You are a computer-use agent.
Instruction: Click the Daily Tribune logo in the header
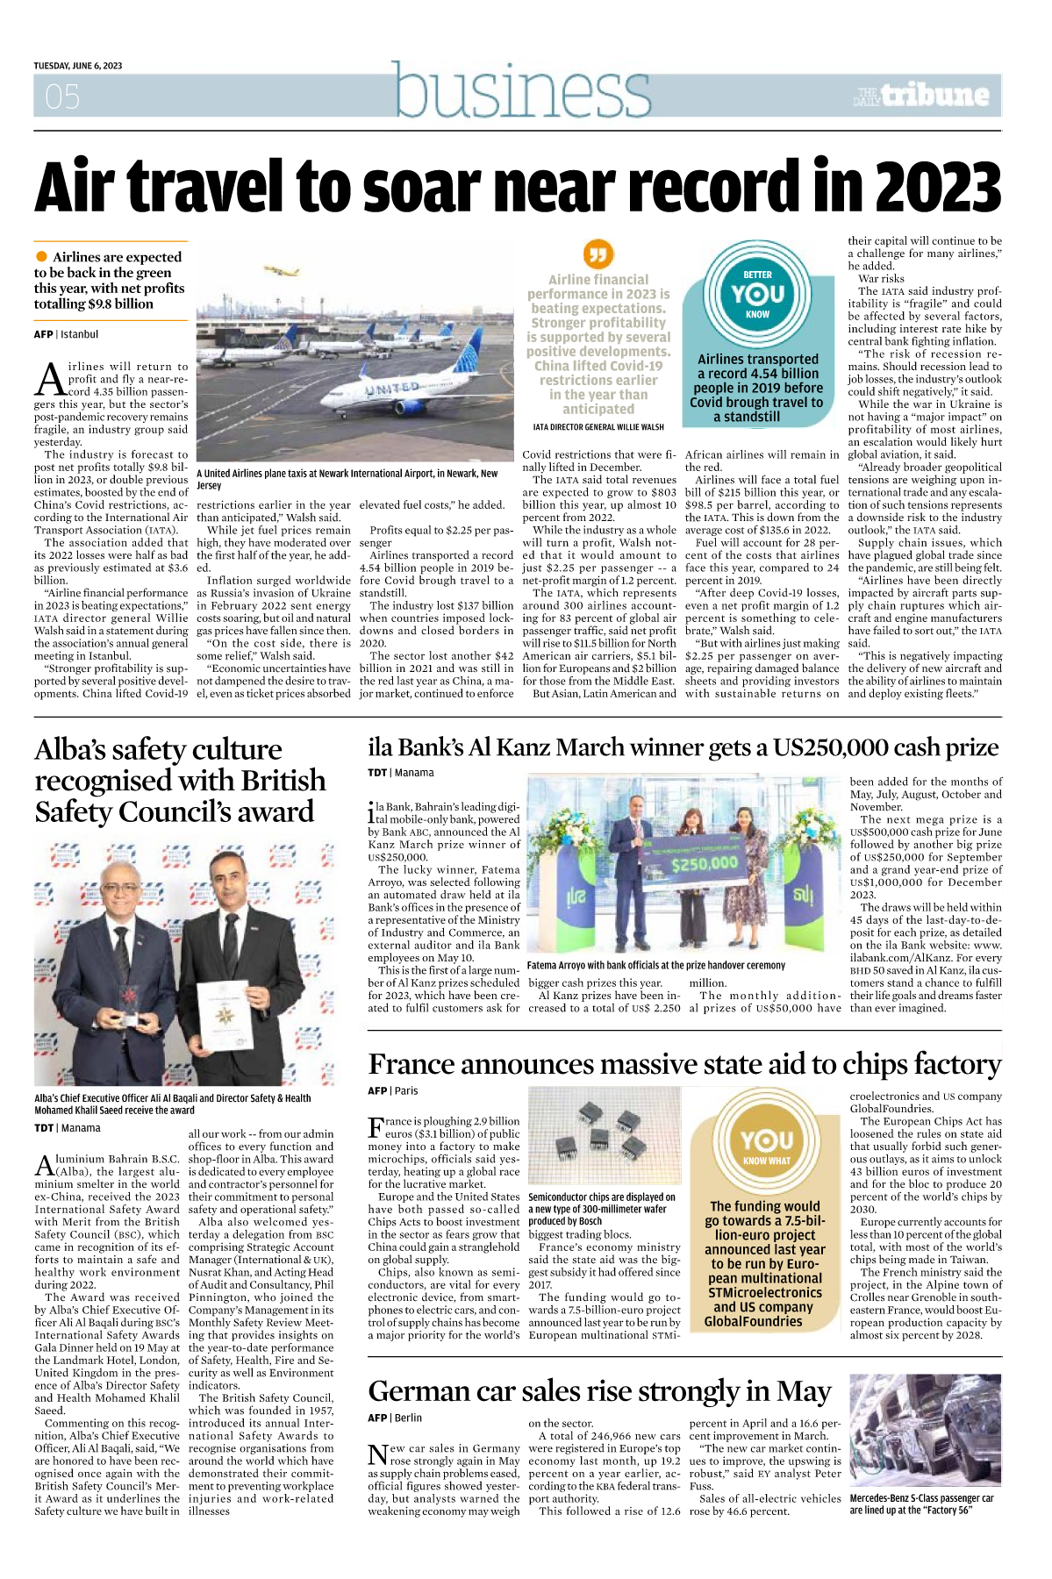coord(922,96)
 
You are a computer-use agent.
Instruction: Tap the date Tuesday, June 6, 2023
coord(78,66)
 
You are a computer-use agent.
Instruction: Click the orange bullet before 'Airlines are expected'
coord(41,256)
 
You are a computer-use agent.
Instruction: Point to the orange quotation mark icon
coord(598,254)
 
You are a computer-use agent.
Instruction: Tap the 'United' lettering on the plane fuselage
coord(391,387)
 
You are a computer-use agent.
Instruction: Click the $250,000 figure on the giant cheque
coord(705,863)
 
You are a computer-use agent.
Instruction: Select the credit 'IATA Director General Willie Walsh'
coord(598,427)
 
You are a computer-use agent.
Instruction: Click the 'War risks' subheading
coord(881,278)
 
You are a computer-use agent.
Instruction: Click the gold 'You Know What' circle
coord(766,1147)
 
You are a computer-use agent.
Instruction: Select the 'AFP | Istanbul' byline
coord(66,334)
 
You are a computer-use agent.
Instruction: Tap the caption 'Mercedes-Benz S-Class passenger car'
coord(921,1498)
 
